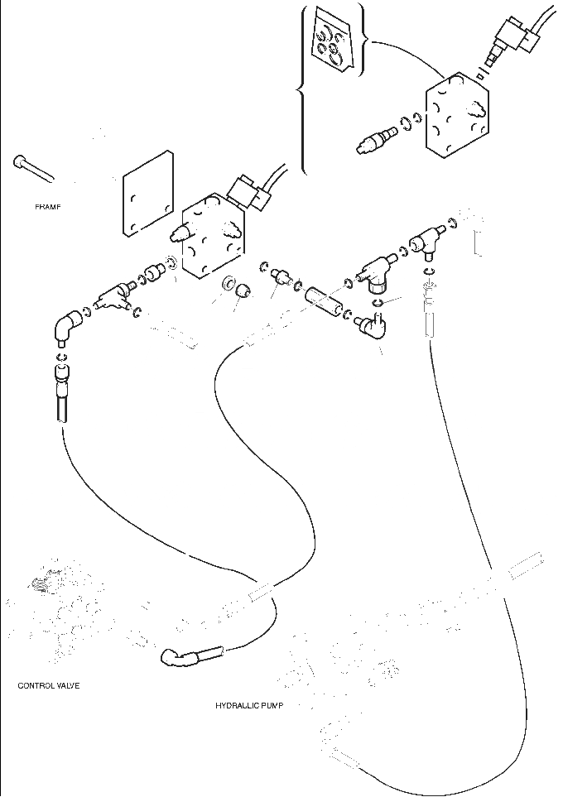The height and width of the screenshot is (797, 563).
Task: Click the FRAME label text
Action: pos(48,206)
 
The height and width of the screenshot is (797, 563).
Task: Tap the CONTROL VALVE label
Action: pos(49,685)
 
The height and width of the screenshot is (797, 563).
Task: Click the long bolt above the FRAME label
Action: pos(33,168)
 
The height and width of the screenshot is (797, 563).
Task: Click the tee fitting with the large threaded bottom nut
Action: pos(374,272)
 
